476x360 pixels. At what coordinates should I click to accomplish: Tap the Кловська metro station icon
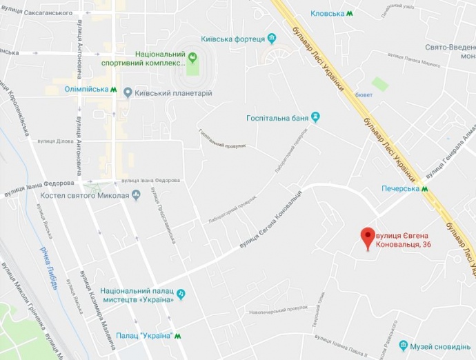[x=350, y=13]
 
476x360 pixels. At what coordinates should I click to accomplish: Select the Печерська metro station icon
[x=425, y=188]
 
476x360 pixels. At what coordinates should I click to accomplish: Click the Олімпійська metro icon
[x=114, y=90]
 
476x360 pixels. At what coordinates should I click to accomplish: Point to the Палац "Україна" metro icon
[x=178, y=336]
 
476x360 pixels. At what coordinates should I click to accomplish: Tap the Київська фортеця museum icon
[x=272, y=39]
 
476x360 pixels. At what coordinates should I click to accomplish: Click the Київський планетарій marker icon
[x=127, y=92]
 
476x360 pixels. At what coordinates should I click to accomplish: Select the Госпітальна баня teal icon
[x=316, y=118]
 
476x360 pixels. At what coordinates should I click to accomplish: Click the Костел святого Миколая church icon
[x=136, y=196]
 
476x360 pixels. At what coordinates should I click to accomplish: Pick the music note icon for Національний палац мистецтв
[x=181, y=294]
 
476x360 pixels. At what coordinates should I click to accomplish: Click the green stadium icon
[x=192, y=58]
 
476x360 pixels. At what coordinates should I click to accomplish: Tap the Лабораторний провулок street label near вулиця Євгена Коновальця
[x=232, y=208]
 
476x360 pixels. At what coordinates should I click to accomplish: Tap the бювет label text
[x=364, y=94]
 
